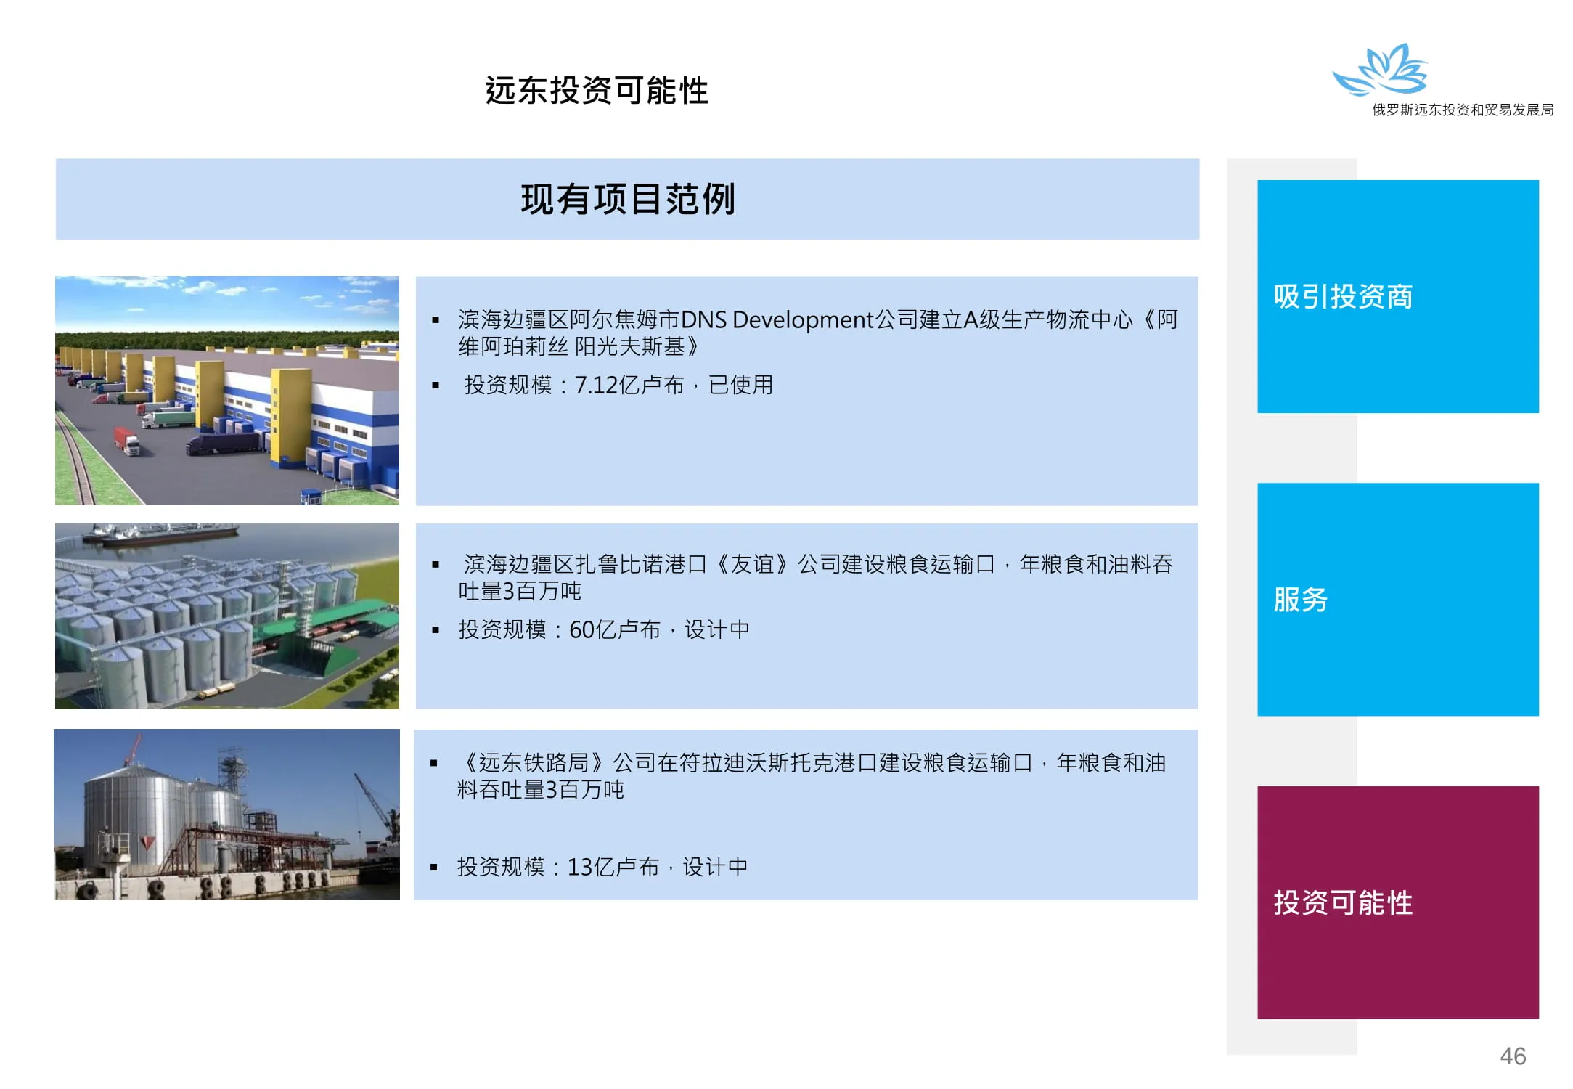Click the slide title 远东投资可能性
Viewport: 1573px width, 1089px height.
(x=597, y=91)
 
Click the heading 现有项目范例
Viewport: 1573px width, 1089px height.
(x=628, y=199)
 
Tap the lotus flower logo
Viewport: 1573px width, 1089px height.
(x=1380, y=70)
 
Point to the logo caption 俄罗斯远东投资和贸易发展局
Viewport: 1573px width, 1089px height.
(x=1463, y=110)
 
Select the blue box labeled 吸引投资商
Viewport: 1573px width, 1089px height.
(x=1398, y=296)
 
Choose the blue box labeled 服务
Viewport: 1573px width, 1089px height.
(x=1398, y=600)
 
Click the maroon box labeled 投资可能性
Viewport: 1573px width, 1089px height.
(x=1398, y=902)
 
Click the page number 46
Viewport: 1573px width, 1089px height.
(x=1513, y=1056)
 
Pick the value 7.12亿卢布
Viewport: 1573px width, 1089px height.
(x=629, y=385)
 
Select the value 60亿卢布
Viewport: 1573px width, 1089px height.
(x=615, y=629)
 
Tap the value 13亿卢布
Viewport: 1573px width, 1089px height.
(x=613, y=867)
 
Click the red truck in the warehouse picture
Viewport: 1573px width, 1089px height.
(x=126, y=441)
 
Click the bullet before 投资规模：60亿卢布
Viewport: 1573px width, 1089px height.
(x=436, y=630)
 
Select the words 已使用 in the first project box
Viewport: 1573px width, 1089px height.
(x=741, y=385)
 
